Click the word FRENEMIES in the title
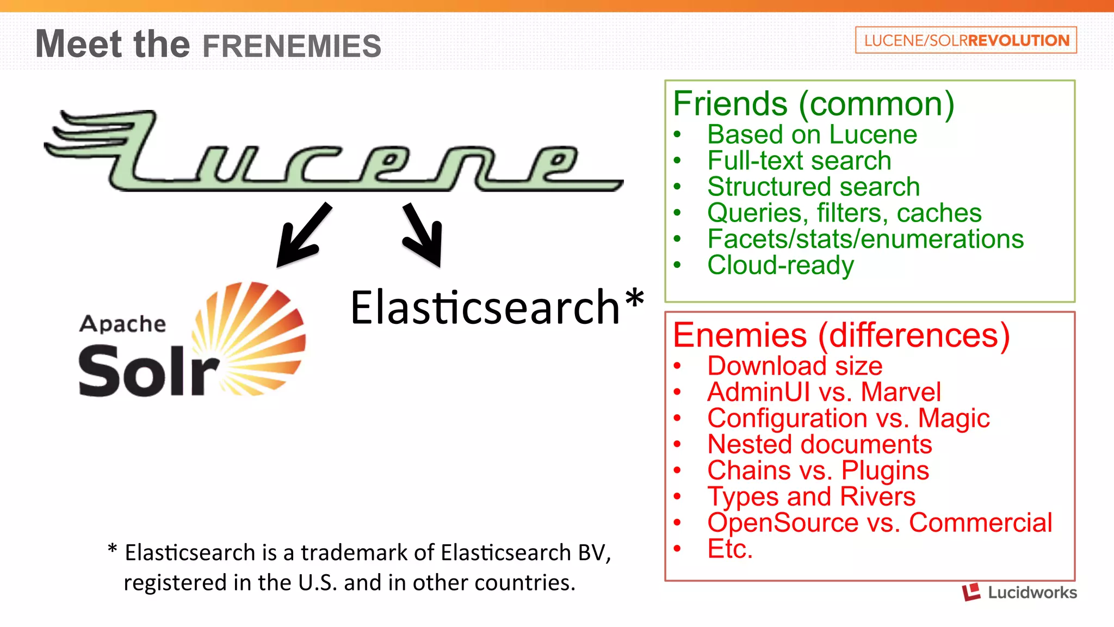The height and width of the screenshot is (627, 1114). [292, 46]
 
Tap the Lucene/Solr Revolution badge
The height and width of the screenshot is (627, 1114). [966, 40]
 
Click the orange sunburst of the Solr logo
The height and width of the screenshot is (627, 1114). [256, 337]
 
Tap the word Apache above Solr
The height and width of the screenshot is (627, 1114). [122, 324]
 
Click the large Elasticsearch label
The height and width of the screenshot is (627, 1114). [485, 308]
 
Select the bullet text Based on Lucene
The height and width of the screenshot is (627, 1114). [812, 134]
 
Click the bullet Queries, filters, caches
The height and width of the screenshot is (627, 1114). [844, 213]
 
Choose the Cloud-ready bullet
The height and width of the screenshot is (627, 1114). [781, 266]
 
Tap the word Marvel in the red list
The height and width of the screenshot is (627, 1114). [901, 392]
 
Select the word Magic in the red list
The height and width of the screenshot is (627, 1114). [954, 418]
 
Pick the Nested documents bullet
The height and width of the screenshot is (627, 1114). [819, 444]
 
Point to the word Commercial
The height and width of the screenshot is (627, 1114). [981, 522]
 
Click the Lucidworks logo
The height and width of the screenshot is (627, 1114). [1020, 592]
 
